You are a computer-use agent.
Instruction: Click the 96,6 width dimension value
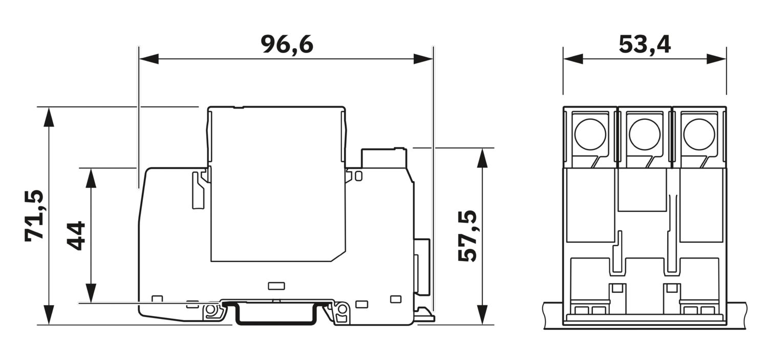pos(287,45)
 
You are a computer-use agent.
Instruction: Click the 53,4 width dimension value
pos(645,45)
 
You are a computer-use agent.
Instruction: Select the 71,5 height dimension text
pos(35,216)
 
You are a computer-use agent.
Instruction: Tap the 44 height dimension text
pos(77,236)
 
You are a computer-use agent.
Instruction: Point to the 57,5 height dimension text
pos(467,236)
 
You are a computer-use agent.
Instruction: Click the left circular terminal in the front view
pos(590,134)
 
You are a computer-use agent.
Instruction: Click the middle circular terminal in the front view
pos(645,134)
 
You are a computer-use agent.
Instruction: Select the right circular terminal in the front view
pos(699,134)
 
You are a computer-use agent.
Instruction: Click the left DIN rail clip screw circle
pos(210,310)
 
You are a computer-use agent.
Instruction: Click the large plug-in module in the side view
pos(276,184)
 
